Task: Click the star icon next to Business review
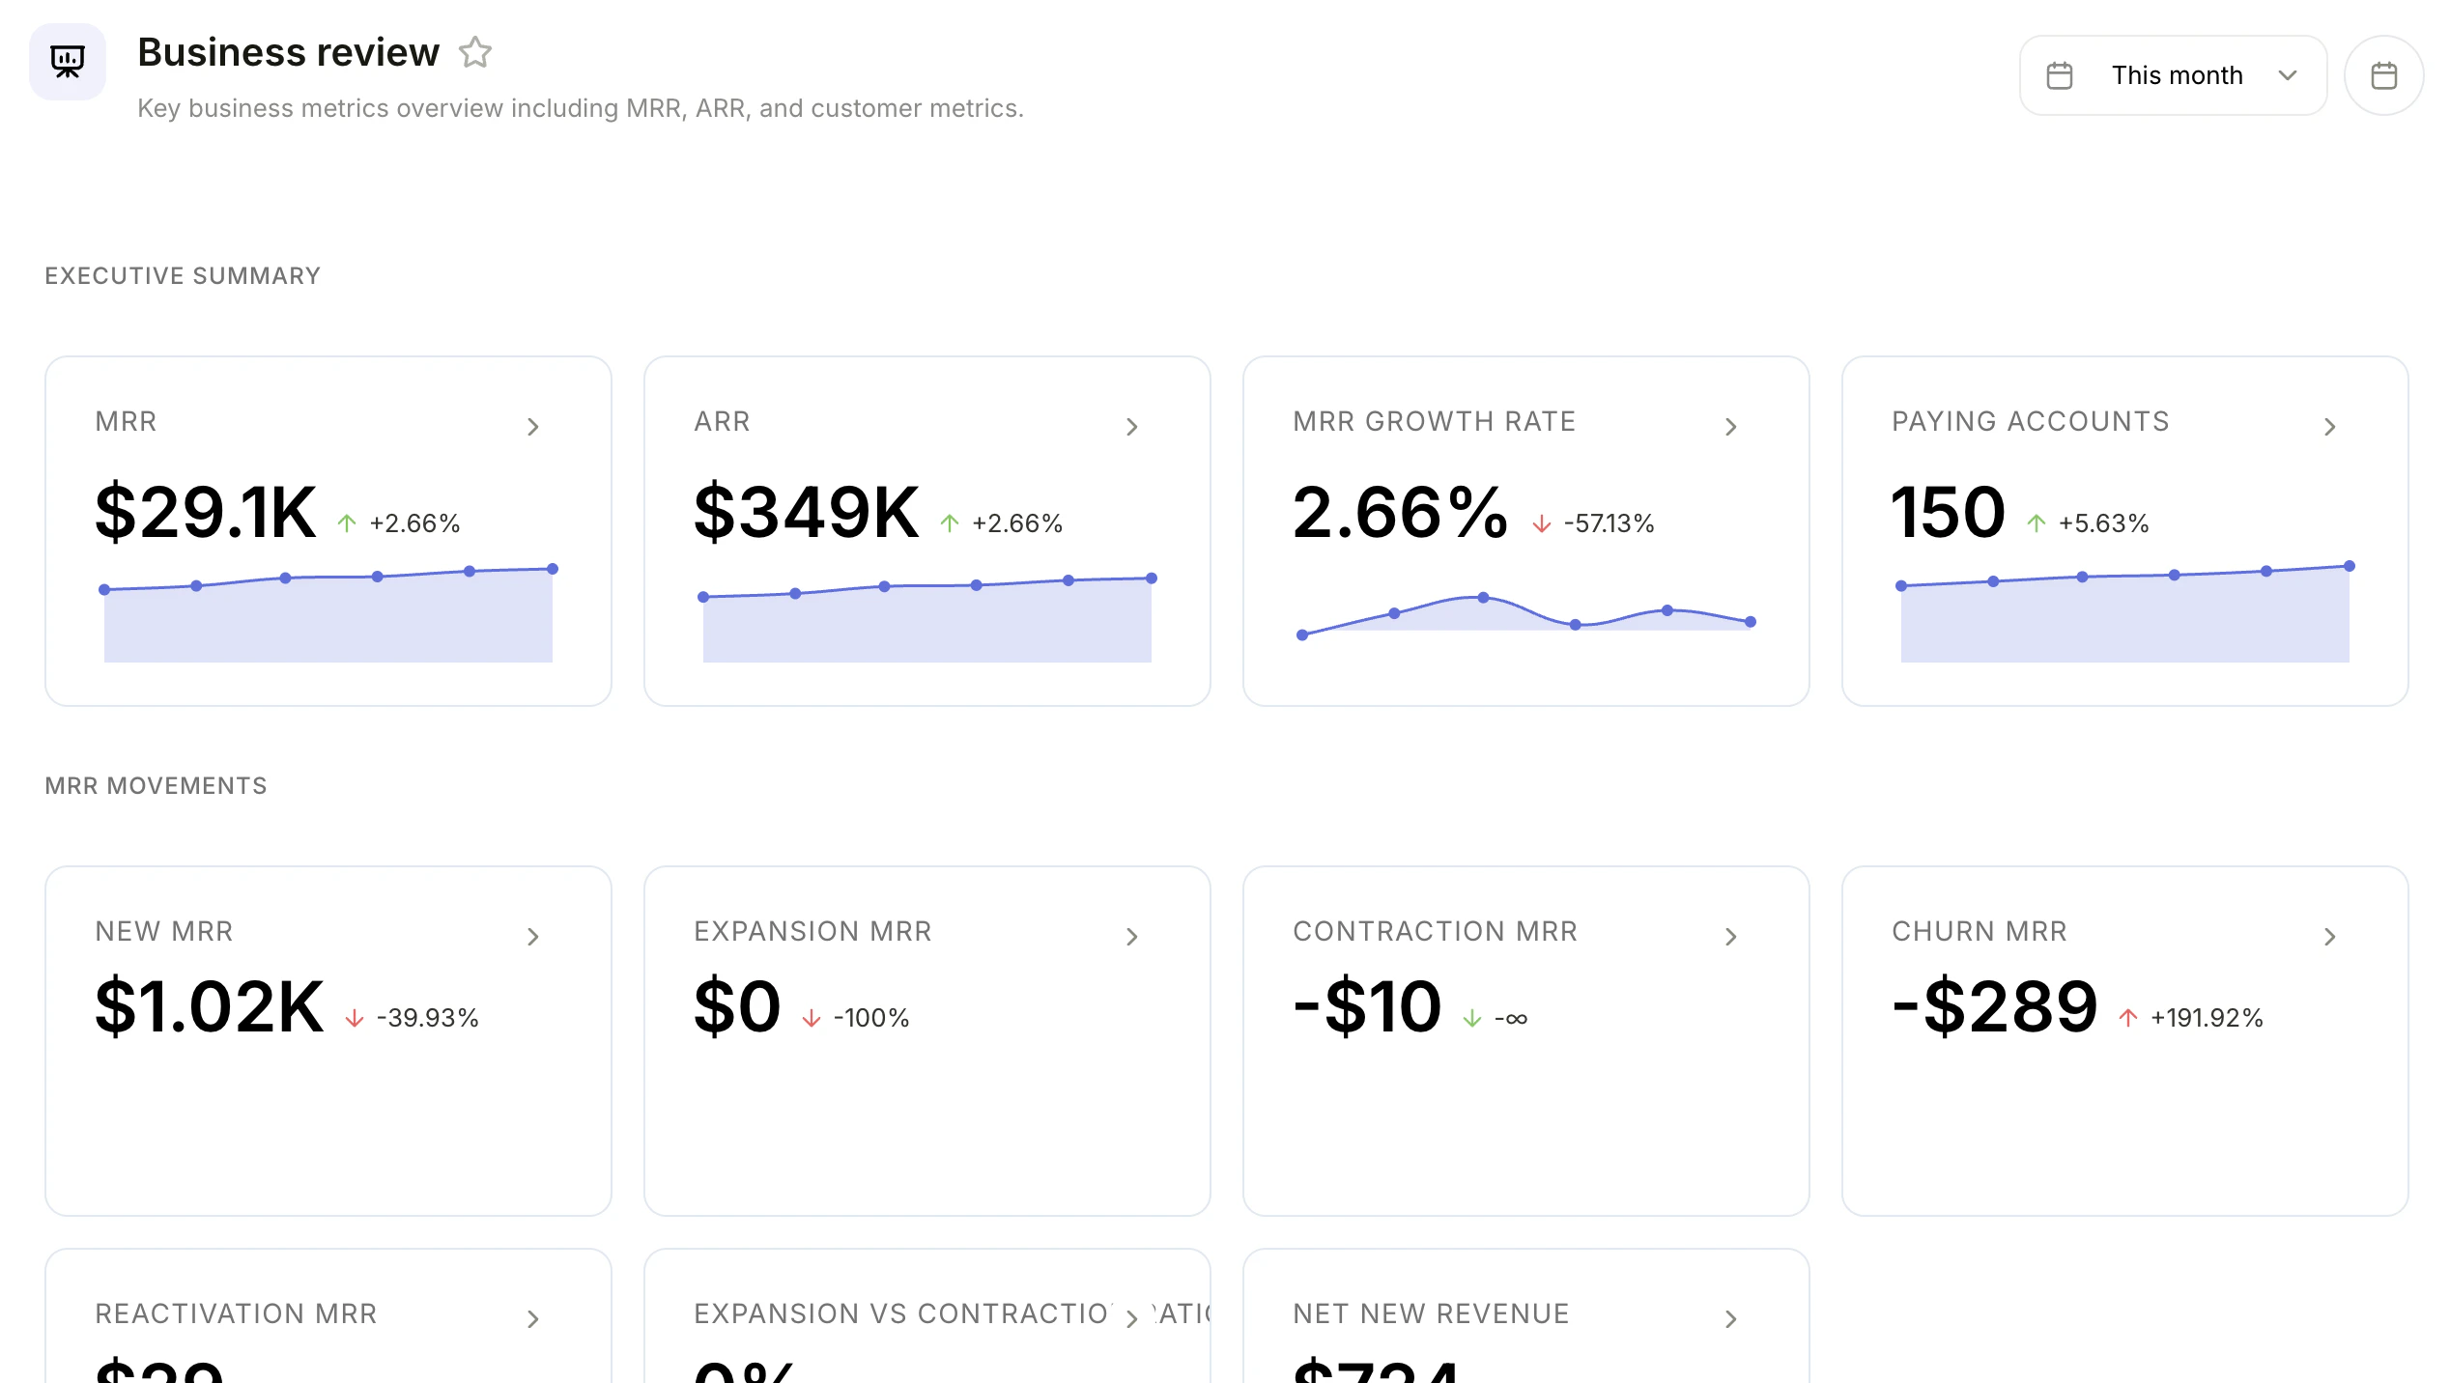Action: pyautogui.click(x=474, y=52)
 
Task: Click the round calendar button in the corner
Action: pyautogui.click(x=2383, y=75)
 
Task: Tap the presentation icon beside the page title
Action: pyautogui.click(x=68, y=62)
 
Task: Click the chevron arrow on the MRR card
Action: pyautogui.click(x=533, y=427)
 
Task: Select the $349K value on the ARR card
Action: pyautogui.click(x=806, y=512)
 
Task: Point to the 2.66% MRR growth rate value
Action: pyautogui.click(x=1399, y=512)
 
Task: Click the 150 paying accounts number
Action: pyautogui.click(x=1948, y=512)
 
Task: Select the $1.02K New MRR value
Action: pyautogui.click(x=209, y=1006)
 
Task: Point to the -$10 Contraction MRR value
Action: pyautogui.click(x=1368, y=1006)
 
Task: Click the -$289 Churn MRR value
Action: pyautogui.click(x=1994, y=1006)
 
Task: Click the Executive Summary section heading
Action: pyautogui.click(x=183, y=276)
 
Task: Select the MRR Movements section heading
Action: pyautogui.click(x=156, y=786)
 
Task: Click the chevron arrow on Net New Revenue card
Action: pyautogui.click(x=1731, y=1319)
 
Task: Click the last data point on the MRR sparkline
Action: pyautogui.click(x=553, y=569)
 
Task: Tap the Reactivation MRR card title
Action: pyautogui.click(x=236, y=1313)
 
